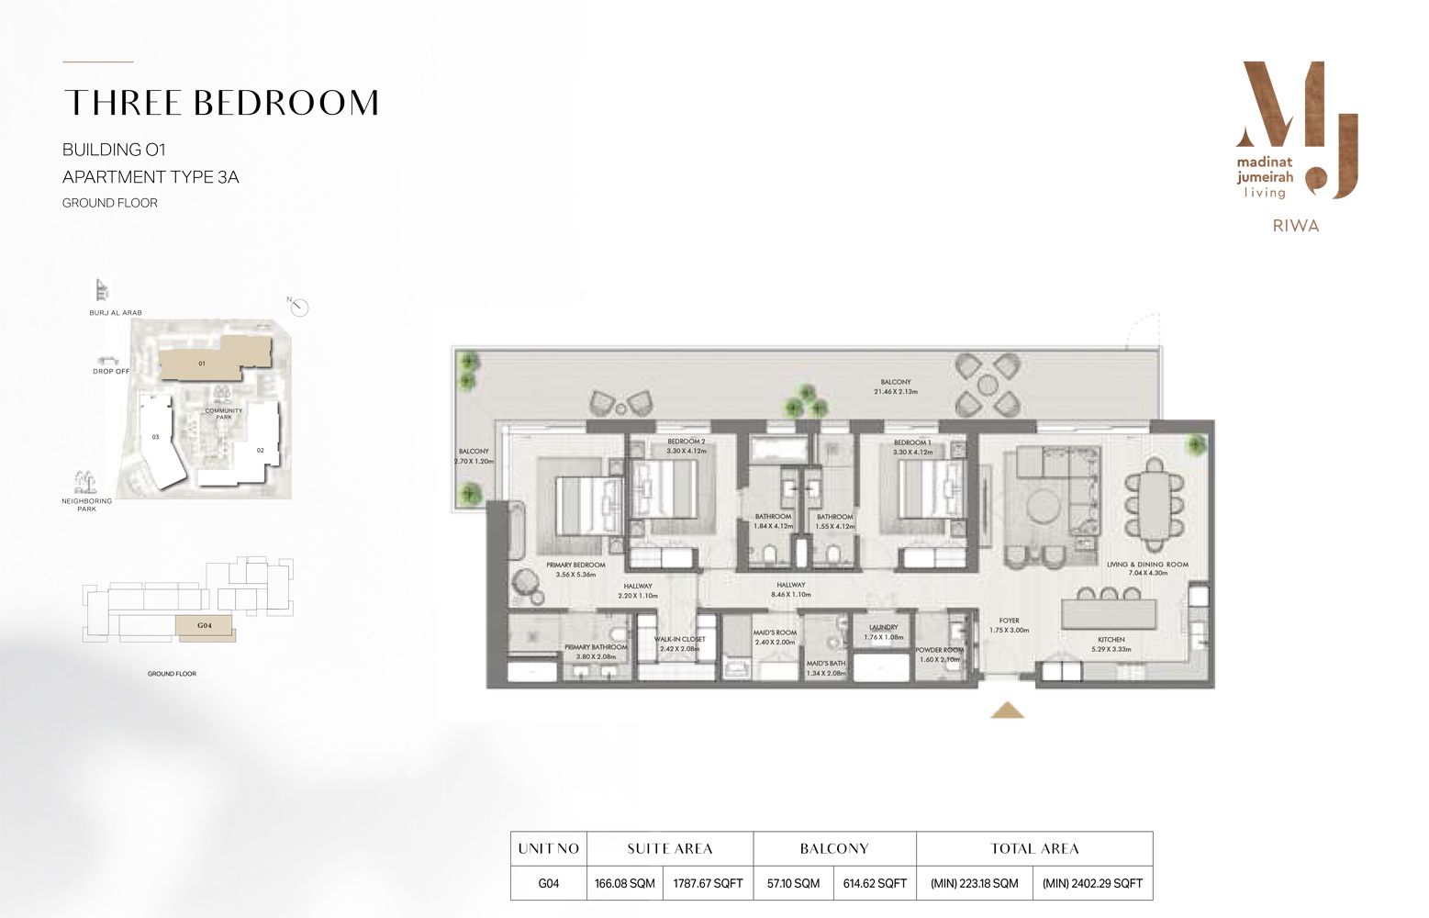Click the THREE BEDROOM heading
coord(220,103)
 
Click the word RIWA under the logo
coord(1297,226)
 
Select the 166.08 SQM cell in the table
coord(624,883)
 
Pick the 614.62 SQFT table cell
coord(875,883)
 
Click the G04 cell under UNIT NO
coord(548,883)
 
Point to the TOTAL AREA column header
coord(1034,848)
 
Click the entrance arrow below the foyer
coord(1008,709)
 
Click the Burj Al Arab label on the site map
coord(115,313)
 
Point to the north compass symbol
coord(300,307)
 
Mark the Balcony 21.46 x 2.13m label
coord(895,386)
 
